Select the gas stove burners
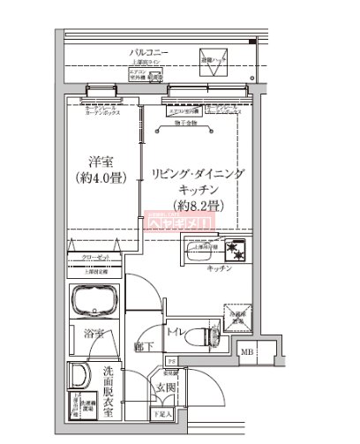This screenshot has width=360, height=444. point(234,250)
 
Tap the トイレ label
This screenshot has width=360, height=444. point(176,332)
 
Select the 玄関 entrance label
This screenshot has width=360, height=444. point(166,388)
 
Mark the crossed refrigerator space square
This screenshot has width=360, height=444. point(238,322)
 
